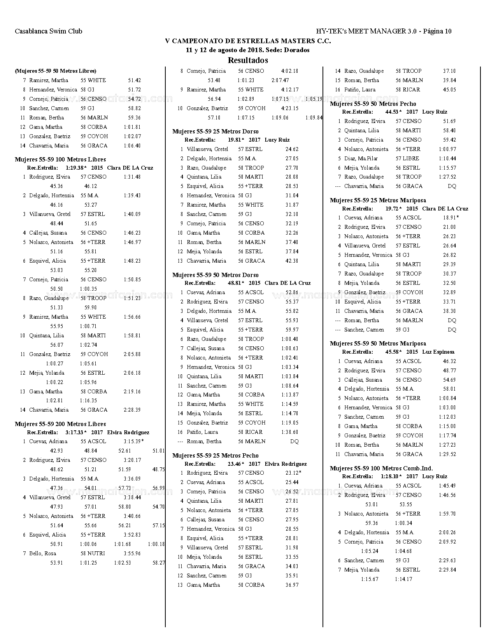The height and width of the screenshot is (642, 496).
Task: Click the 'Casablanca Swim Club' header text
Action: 49,32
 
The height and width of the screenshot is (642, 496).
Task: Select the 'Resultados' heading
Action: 248,60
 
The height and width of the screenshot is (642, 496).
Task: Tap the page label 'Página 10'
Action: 437,32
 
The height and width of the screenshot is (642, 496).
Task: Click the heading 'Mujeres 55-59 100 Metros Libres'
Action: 60,160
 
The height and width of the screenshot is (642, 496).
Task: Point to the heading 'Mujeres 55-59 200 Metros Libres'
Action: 60,424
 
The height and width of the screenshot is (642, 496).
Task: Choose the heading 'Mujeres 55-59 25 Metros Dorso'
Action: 216,132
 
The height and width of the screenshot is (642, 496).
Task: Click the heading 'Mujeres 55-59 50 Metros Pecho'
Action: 373,104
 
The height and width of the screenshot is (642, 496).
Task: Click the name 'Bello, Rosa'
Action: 42,554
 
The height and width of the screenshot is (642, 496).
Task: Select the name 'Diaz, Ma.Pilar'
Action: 361,159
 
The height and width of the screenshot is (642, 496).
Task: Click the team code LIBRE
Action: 411,159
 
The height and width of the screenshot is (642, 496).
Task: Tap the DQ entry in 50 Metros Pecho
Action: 452,186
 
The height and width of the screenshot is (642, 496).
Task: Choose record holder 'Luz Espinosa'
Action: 438,352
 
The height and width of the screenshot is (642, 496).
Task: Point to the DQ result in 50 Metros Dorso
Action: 294,442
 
